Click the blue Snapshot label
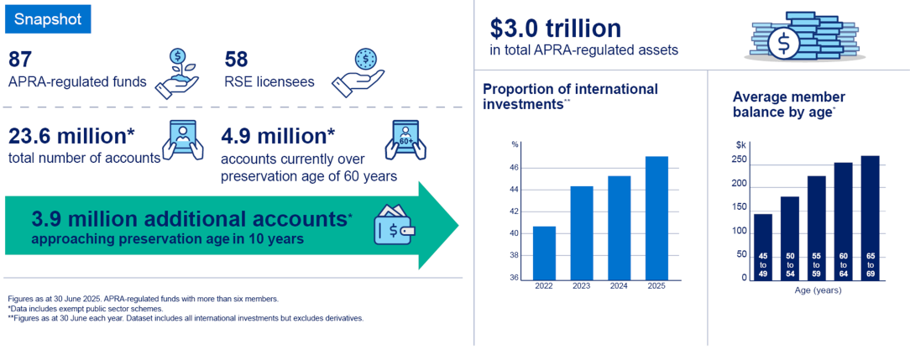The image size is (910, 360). click(48, 19)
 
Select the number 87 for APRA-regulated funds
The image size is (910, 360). click(20, 60)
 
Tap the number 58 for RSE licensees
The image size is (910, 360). click(236, 60)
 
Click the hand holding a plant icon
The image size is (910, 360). click(177, 74)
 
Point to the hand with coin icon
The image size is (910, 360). click(358, 73)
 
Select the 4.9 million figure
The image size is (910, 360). click(278, 136)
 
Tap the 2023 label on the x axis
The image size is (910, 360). click(582, 286)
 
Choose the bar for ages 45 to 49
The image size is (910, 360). click(762, 247)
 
